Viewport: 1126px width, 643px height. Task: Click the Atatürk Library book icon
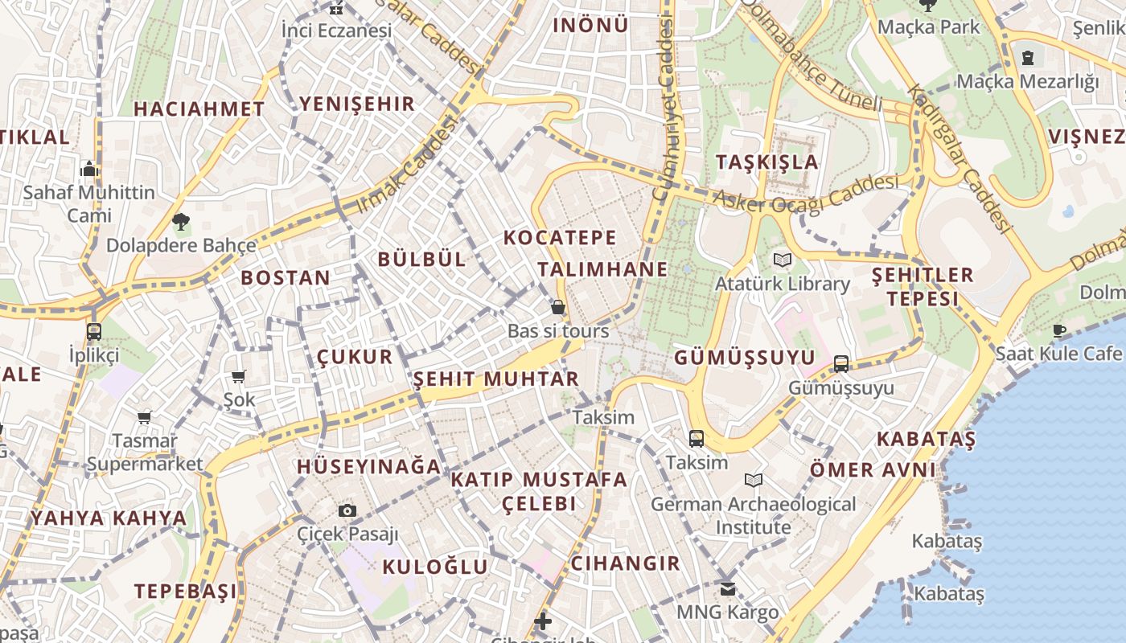782,260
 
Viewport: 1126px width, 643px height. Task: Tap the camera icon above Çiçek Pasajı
347,510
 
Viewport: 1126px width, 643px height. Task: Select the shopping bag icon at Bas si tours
557,307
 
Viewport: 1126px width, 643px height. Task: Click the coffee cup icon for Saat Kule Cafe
1059,330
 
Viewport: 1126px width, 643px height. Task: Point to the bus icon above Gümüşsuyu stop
840,364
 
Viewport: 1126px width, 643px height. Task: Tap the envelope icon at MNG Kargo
728,588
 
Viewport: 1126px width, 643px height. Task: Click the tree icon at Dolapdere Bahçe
181,222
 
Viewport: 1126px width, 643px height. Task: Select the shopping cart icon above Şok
239,376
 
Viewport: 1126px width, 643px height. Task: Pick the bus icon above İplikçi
94,331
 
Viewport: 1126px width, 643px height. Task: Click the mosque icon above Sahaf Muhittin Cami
89,169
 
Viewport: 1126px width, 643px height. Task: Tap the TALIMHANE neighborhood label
602,268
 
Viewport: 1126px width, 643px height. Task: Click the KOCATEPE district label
560,238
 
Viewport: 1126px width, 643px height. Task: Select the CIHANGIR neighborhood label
625,563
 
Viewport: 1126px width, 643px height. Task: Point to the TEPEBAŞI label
186,592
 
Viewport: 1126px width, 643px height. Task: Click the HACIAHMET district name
199,109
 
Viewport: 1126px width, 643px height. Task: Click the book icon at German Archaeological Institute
753,480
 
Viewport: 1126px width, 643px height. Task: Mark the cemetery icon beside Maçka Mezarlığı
1028,57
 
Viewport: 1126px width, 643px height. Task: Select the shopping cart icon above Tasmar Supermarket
145,417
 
